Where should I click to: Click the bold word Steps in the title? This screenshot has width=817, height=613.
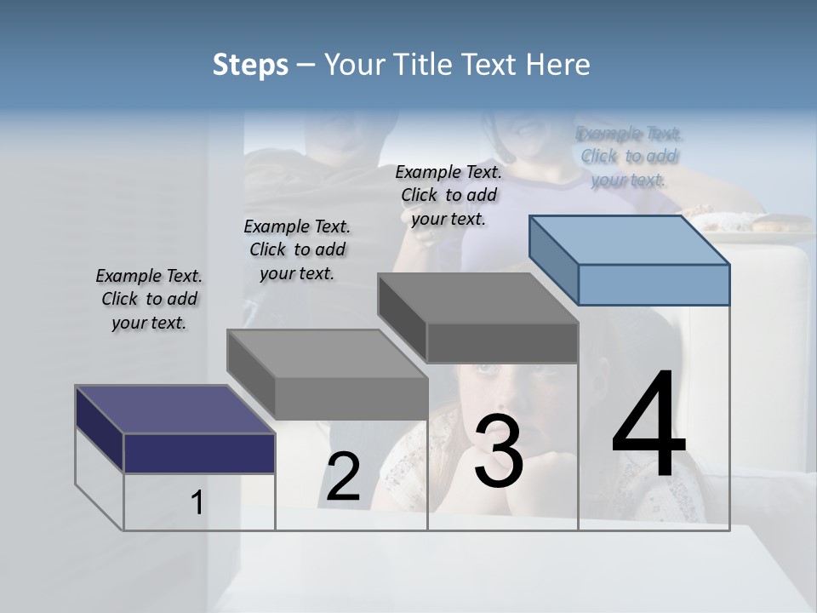pos(250,65)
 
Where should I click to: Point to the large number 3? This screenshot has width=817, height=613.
pos(500,451)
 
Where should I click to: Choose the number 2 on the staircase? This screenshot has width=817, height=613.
pos(343,477)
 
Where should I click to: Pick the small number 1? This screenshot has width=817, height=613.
pos(197,503)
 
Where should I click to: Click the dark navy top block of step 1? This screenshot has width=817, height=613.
pos(199,451)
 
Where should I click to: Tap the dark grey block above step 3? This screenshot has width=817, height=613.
pos(502,342)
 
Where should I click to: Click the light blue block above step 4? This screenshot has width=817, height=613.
pos(653,284)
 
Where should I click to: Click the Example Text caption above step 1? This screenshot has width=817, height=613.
pos(149,299)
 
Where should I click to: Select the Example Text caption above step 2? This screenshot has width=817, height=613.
pos(297,249)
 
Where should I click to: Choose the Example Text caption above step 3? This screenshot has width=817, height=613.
pos(448,195)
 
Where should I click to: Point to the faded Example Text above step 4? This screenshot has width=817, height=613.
pos(629,156)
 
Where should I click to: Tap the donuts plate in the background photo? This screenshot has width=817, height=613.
pos(749,223)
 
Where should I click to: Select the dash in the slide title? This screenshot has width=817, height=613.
pos(306,65)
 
